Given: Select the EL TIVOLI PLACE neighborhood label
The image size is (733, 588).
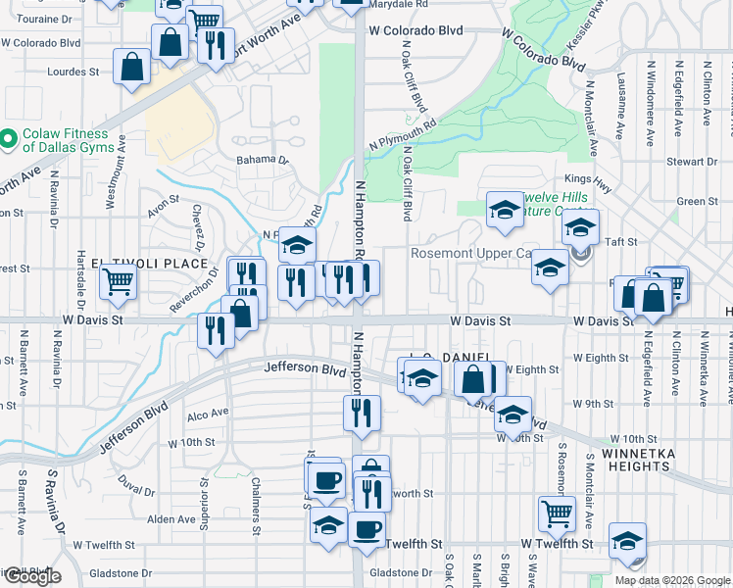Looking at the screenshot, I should tap(150, 264).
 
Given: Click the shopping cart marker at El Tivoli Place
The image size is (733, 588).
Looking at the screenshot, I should tap(118, 281).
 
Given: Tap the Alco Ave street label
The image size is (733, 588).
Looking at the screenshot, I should tap(207, 414).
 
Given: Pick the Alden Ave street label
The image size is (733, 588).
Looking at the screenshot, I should tap(171, 519).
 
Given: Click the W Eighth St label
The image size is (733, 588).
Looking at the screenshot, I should tap(537, 369).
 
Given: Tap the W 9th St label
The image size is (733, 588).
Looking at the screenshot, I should tap(593, 404).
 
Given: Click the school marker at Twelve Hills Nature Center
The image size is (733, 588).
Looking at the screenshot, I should tap(505, 210).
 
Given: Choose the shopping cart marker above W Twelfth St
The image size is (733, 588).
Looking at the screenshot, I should tap(557, 513).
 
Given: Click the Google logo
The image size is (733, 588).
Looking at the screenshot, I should tap(32, 576).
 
